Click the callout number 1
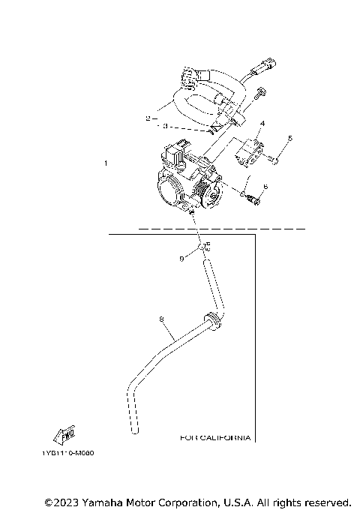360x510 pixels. (x=106, y=163)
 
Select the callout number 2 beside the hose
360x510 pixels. (x=148, y=118)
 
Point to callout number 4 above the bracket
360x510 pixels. (x=262, y=123)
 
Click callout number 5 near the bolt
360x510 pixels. (x=290, y=138)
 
